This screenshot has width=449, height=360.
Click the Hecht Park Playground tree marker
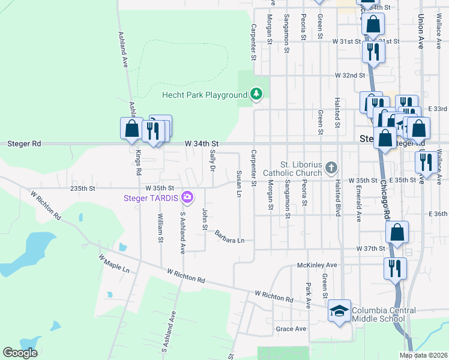[256, 94]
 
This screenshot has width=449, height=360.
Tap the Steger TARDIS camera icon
[187, 197]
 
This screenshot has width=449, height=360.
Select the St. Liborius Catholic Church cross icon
[331, 169]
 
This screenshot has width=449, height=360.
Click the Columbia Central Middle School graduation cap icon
[339, 311]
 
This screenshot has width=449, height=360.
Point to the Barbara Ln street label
[230, 236]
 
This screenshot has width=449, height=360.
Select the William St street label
[160, 228]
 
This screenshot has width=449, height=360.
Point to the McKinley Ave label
[317, 265]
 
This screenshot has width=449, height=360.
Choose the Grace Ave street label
[291, 329]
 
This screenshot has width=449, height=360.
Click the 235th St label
[83, 188]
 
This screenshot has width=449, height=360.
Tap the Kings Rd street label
[139, 163]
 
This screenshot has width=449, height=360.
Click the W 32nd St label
[351, 76]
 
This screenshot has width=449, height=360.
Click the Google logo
[20, 353]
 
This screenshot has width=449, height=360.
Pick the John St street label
[205, 219]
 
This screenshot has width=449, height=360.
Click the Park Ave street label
[309, 295]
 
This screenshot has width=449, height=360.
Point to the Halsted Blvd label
[338, 196]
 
